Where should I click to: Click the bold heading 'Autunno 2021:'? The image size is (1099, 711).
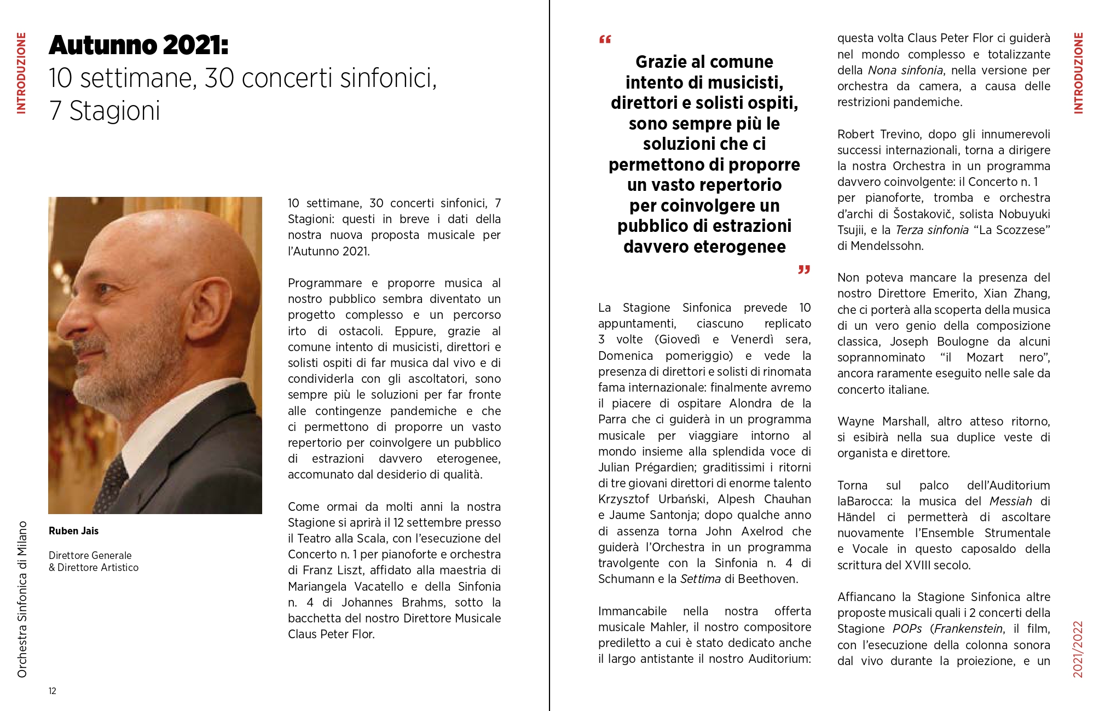point(138,45)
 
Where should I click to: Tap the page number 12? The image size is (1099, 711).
point(53,691)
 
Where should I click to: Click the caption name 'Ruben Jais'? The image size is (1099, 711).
point(73,531)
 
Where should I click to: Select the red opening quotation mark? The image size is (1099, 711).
point(605,39)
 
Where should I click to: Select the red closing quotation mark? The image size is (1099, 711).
point(803,269)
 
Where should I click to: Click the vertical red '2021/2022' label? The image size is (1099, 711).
point(1078,649)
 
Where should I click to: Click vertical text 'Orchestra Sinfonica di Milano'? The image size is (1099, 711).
point(22,599)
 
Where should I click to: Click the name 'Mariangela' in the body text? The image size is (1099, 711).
point(317,586)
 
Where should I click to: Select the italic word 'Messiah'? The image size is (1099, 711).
point(1010,501)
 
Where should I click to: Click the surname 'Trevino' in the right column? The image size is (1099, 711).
point(901,134)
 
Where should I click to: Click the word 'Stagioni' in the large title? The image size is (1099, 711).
point(114,111)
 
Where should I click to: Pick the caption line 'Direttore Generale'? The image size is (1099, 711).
point(90,555)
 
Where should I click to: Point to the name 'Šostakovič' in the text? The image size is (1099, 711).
point(925,214)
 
